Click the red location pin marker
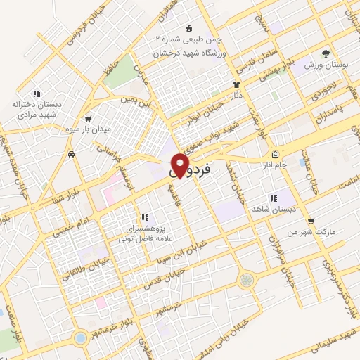click(x=181, y=165)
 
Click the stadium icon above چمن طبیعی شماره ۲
click(x=188, y=28)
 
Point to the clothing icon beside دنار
click(x=237, y=85)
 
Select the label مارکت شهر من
click(x=323, y=231)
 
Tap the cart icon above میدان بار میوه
click(x=87, y=119)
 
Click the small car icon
click(x=72, y=153)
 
